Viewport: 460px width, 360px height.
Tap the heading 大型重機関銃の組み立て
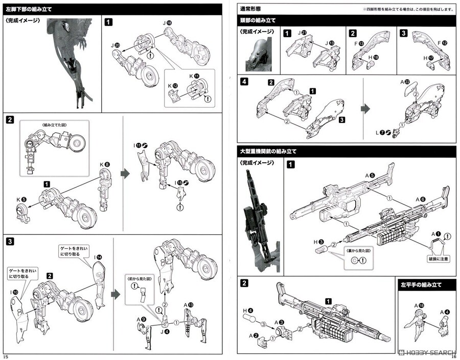(x=267, y=152)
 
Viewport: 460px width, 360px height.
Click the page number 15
(x=6, y=356)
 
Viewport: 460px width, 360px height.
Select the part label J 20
(x=115, y=45)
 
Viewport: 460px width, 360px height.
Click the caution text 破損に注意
(x=438, y=259)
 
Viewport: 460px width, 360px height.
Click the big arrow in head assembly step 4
(x=366, y=108)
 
